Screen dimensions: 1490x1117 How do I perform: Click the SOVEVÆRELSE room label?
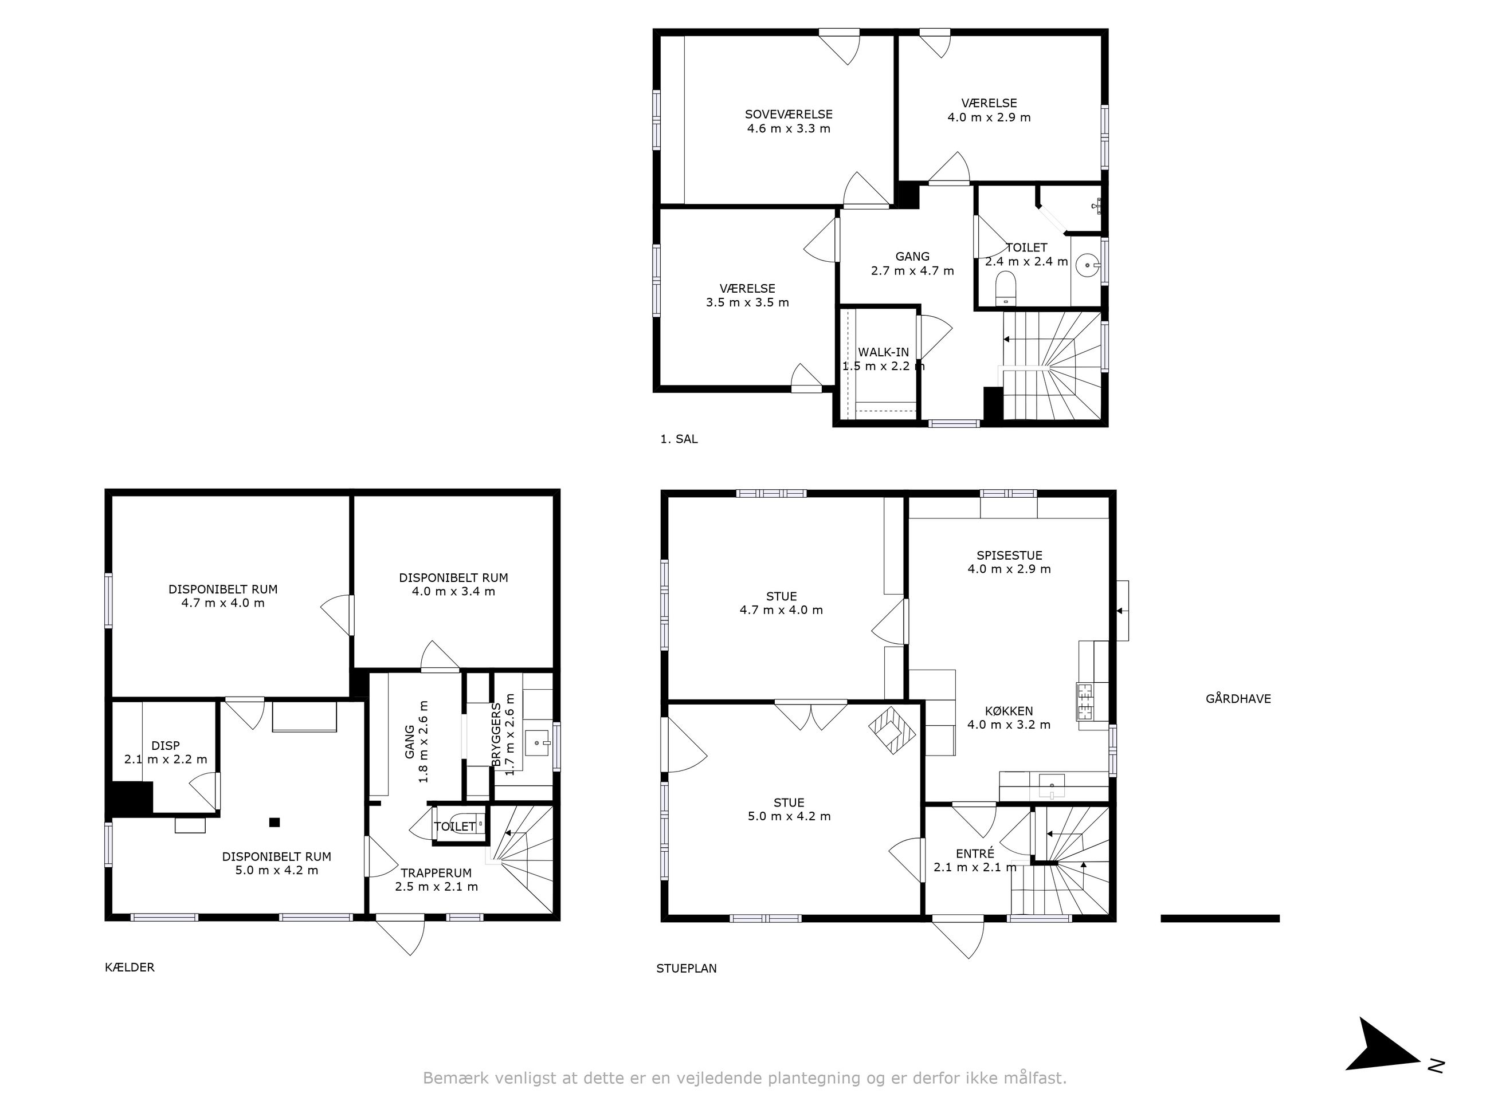point(788,115)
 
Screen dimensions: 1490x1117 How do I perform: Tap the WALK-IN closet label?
point(883,352)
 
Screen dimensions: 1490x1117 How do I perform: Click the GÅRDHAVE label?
point(1238,699)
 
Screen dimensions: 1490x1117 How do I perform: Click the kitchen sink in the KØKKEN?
point(1052,785)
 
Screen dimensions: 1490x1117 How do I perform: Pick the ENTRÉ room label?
point(975,854)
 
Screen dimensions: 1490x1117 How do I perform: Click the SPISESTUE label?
point(1009,556)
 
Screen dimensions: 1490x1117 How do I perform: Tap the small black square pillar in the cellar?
point(274,822)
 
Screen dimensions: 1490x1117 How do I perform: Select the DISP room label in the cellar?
point(166,745)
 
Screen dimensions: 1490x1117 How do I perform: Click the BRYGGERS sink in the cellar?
point(537,744)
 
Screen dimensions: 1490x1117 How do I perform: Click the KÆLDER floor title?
point(130,967)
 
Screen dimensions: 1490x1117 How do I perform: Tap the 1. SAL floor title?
point(679,439)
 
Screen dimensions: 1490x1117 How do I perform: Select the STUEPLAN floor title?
point(687,968)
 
